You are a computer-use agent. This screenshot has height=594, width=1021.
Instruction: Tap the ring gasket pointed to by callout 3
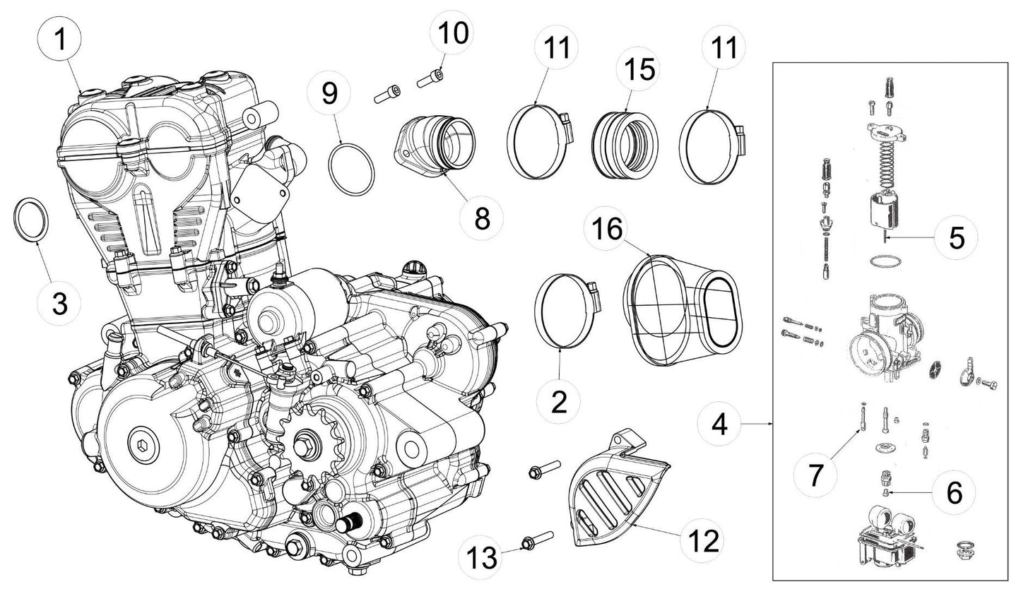[x=33, y=220]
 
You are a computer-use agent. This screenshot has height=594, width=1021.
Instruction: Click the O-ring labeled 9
[x=351, y=169]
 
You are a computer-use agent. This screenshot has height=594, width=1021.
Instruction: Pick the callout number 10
[x=453, y=32]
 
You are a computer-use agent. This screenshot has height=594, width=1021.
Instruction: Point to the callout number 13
[x=485, y=554]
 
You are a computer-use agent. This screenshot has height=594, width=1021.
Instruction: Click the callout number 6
[x=954, y=492]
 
